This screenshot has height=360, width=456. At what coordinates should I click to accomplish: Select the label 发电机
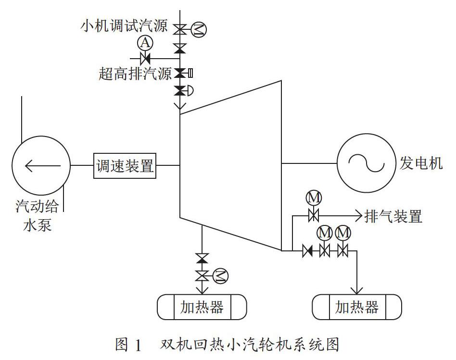421,163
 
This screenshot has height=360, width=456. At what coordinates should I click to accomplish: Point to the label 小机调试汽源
124,26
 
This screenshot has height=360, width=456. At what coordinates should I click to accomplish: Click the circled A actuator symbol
145,43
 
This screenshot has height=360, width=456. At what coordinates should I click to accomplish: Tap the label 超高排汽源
135,73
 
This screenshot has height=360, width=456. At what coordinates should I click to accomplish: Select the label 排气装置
393,216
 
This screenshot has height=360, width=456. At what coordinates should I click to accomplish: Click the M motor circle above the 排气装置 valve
314,198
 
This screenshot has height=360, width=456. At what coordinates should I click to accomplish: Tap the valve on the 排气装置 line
314,216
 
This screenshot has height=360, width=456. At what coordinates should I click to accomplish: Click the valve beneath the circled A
145,59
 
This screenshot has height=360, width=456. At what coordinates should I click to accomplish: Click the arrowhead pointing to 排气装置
359,216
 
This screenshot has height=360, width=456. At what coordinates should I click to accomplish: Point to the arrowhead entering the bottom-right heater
357,290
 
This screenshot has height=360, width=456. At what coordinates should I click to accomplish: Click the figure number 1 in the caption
138,346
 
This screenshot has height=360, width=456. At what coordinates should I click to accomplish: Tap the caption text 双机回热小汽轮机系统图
250,345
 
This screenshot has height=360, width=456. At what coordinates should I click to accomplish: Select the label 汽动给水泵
37,215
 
